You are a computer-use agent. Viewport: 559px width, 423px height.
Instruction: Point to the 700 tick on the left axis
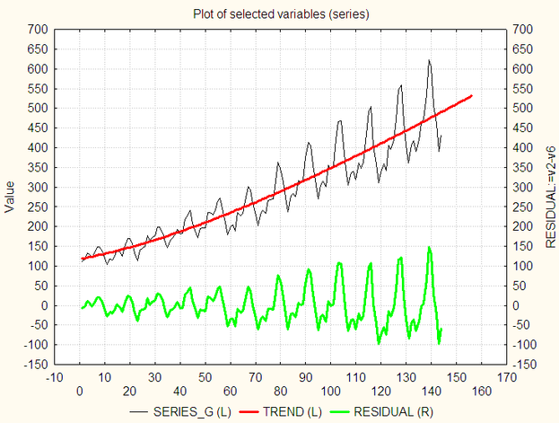[37, 30]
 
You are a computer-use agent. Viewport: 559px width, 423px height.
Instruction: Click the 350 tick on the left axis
[37, 167]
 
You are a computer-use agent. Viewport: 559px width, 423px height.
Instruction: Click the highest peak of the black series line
[429, 60]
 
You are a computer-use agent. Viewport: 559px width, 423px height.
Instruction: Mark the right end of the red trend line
[472, 95]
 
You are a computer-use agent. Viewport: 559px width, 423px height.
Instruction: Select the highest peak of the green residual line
[429, 247]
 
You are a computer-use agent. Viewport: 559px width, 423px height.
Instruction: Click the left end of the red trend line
[83, 260]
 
